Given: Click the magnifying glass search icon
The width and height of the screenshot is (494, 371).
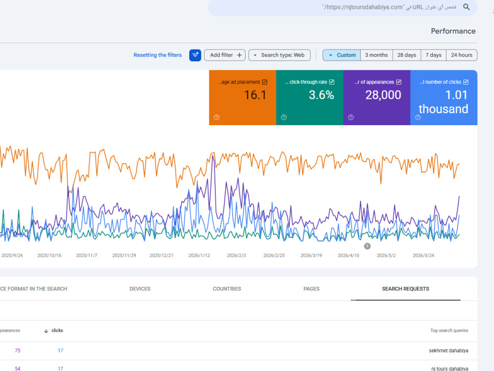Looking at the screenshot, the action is [x=466, y=7].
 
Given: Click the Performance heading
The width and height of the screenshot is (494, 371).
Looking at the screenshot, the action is [x=453, y=31].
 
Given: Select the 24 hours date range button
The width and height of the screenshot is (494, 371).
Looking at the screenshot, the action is [x=461, y=55].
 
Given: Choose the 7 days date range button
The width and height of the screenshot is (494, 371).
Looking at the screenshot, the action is [x=434, y=55].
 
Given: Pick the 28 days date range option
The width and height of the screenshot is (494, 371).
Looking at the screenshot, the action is [x=407, y=55].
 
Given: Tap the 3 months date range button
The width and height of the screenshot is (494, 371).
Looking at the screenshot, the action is [x=376, y=55].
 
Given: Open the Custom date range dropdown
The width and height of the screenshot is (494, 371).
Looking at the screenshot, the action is [x=342, y=55].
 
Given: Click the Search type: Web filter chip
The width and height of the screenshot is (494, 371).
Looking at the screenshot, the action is [x=280, y=55].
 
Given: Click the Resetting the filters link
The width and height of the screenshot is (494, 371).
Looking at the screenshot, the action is [x=158, y=55].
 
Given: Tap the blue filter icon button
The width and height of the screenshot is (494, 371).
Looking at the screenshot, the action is [x=195, y=55].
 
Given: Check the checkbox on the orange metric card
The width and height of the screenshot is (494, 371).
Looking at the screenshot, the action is [x=265, y=82].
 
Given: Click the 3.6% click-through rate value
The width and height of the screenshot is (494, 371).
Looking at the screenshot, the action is [x=322, y=95].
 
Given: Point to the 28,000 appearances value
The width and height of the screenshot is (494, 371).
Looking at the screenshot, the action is [x=383, y=95].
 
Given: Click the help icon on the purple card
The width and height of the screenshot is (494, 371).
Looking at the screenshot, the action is [x=351, y=117].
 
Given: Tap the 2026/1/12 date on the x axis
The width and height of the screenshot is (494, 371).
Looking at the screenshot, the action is [x=199, y=256].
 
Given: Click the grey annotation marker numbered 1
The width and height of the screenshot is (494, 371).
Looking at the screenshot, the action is [x=367, y=246].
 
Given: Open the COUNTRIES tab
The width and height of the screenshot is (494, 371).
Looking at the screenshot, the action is [x=227, y=289].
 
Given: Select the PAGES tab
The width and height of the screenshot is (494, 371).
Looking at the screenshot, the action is [x=311, y=289].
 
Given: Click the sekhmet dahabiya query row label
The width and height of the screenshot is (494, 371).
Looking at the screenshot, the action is [x=449, y=351].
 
